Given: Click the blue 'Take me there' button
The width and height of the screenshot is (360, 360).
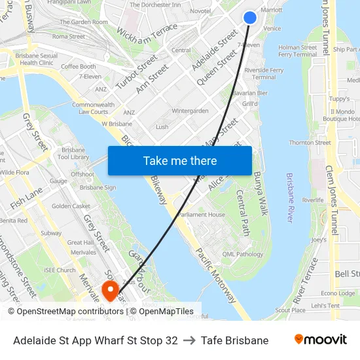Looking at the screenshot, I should [x=180, y=160].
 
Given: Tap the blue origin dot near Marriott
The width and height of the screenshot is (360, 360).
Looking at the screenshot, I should [x=250, y=18].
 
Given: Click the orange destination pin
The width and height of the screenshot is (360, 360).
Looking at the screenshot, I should [x=111, y=289].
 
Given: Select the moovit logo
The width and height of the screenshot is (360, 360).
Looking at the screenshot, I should [x=321, y=340].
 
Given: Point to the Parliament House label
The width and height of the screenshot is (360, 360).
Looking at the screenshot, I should [x=202, y=214].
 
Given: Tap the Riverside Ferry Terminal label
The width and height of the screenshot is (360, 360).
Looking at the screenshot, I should [x=264, y=73].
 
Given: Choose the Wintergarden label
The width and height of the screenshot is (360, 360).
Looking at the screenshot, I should [x=190, y=111].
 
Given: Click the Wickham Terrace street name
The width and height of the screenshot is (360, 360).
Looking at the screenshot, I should [x=147, y=31].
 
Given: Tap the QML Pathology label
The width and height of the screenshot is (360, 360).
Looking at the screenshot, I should [x=242, y=254].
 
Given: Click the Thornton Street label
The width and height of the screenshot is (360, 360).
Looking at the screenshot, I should [x=310, y=143].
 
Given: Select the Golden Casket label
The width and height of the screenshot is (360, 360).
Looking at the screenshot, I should [x=71, y=206].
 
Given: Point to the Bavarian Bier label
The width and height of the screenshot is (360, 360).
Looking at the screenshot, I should [x=250, y=93].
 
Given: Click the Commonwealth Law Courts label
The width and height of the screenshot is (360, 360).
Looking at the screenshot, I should [x=92, y=108].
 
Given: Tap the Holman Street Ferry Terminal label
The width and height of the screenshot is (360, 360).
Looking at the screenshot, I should [x=297, y=51].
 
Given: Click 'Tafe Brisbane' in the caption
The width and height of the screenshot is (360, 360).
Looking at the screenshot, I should [x=234, y=340].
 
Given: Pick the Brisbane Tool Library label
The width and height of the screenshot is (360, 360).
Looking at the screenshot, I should [x=73, y=153].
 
